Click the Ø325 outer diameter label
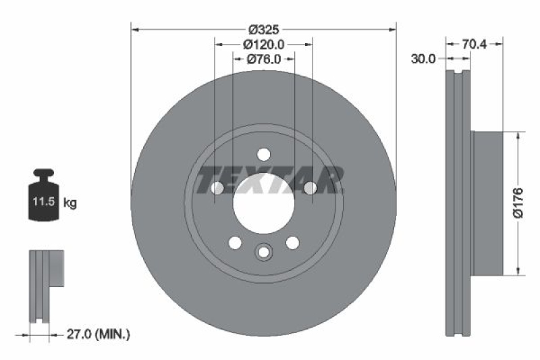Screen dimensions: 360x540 pos(263,30)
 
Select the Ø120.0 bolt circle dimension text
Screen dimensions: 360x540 pos(263,45)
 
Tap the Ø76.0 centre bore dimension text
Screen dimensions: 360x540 pos(263,59)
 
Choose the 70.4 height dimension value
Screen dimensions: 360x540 pos(475,45)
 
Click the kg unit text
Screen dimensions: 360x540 pos(70,202)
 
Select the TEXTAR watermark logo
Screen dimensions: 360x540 pos(270,180)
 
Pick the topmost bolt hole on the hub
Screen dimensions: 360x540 pos(263,154)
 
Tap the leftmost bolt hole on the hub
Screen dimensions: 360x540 pos(217,188)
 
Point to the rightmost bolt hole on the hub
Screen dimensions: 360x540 pos(310,188)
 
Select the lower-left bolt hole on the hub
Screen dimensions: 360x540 pos(234,242)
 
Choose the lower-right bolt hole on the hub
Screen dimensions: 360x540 pos(292,242)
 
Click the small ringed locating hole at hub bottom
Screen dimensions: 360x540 pos(263,253)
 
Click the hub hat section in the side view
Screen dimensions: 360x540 pos(488,203)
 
